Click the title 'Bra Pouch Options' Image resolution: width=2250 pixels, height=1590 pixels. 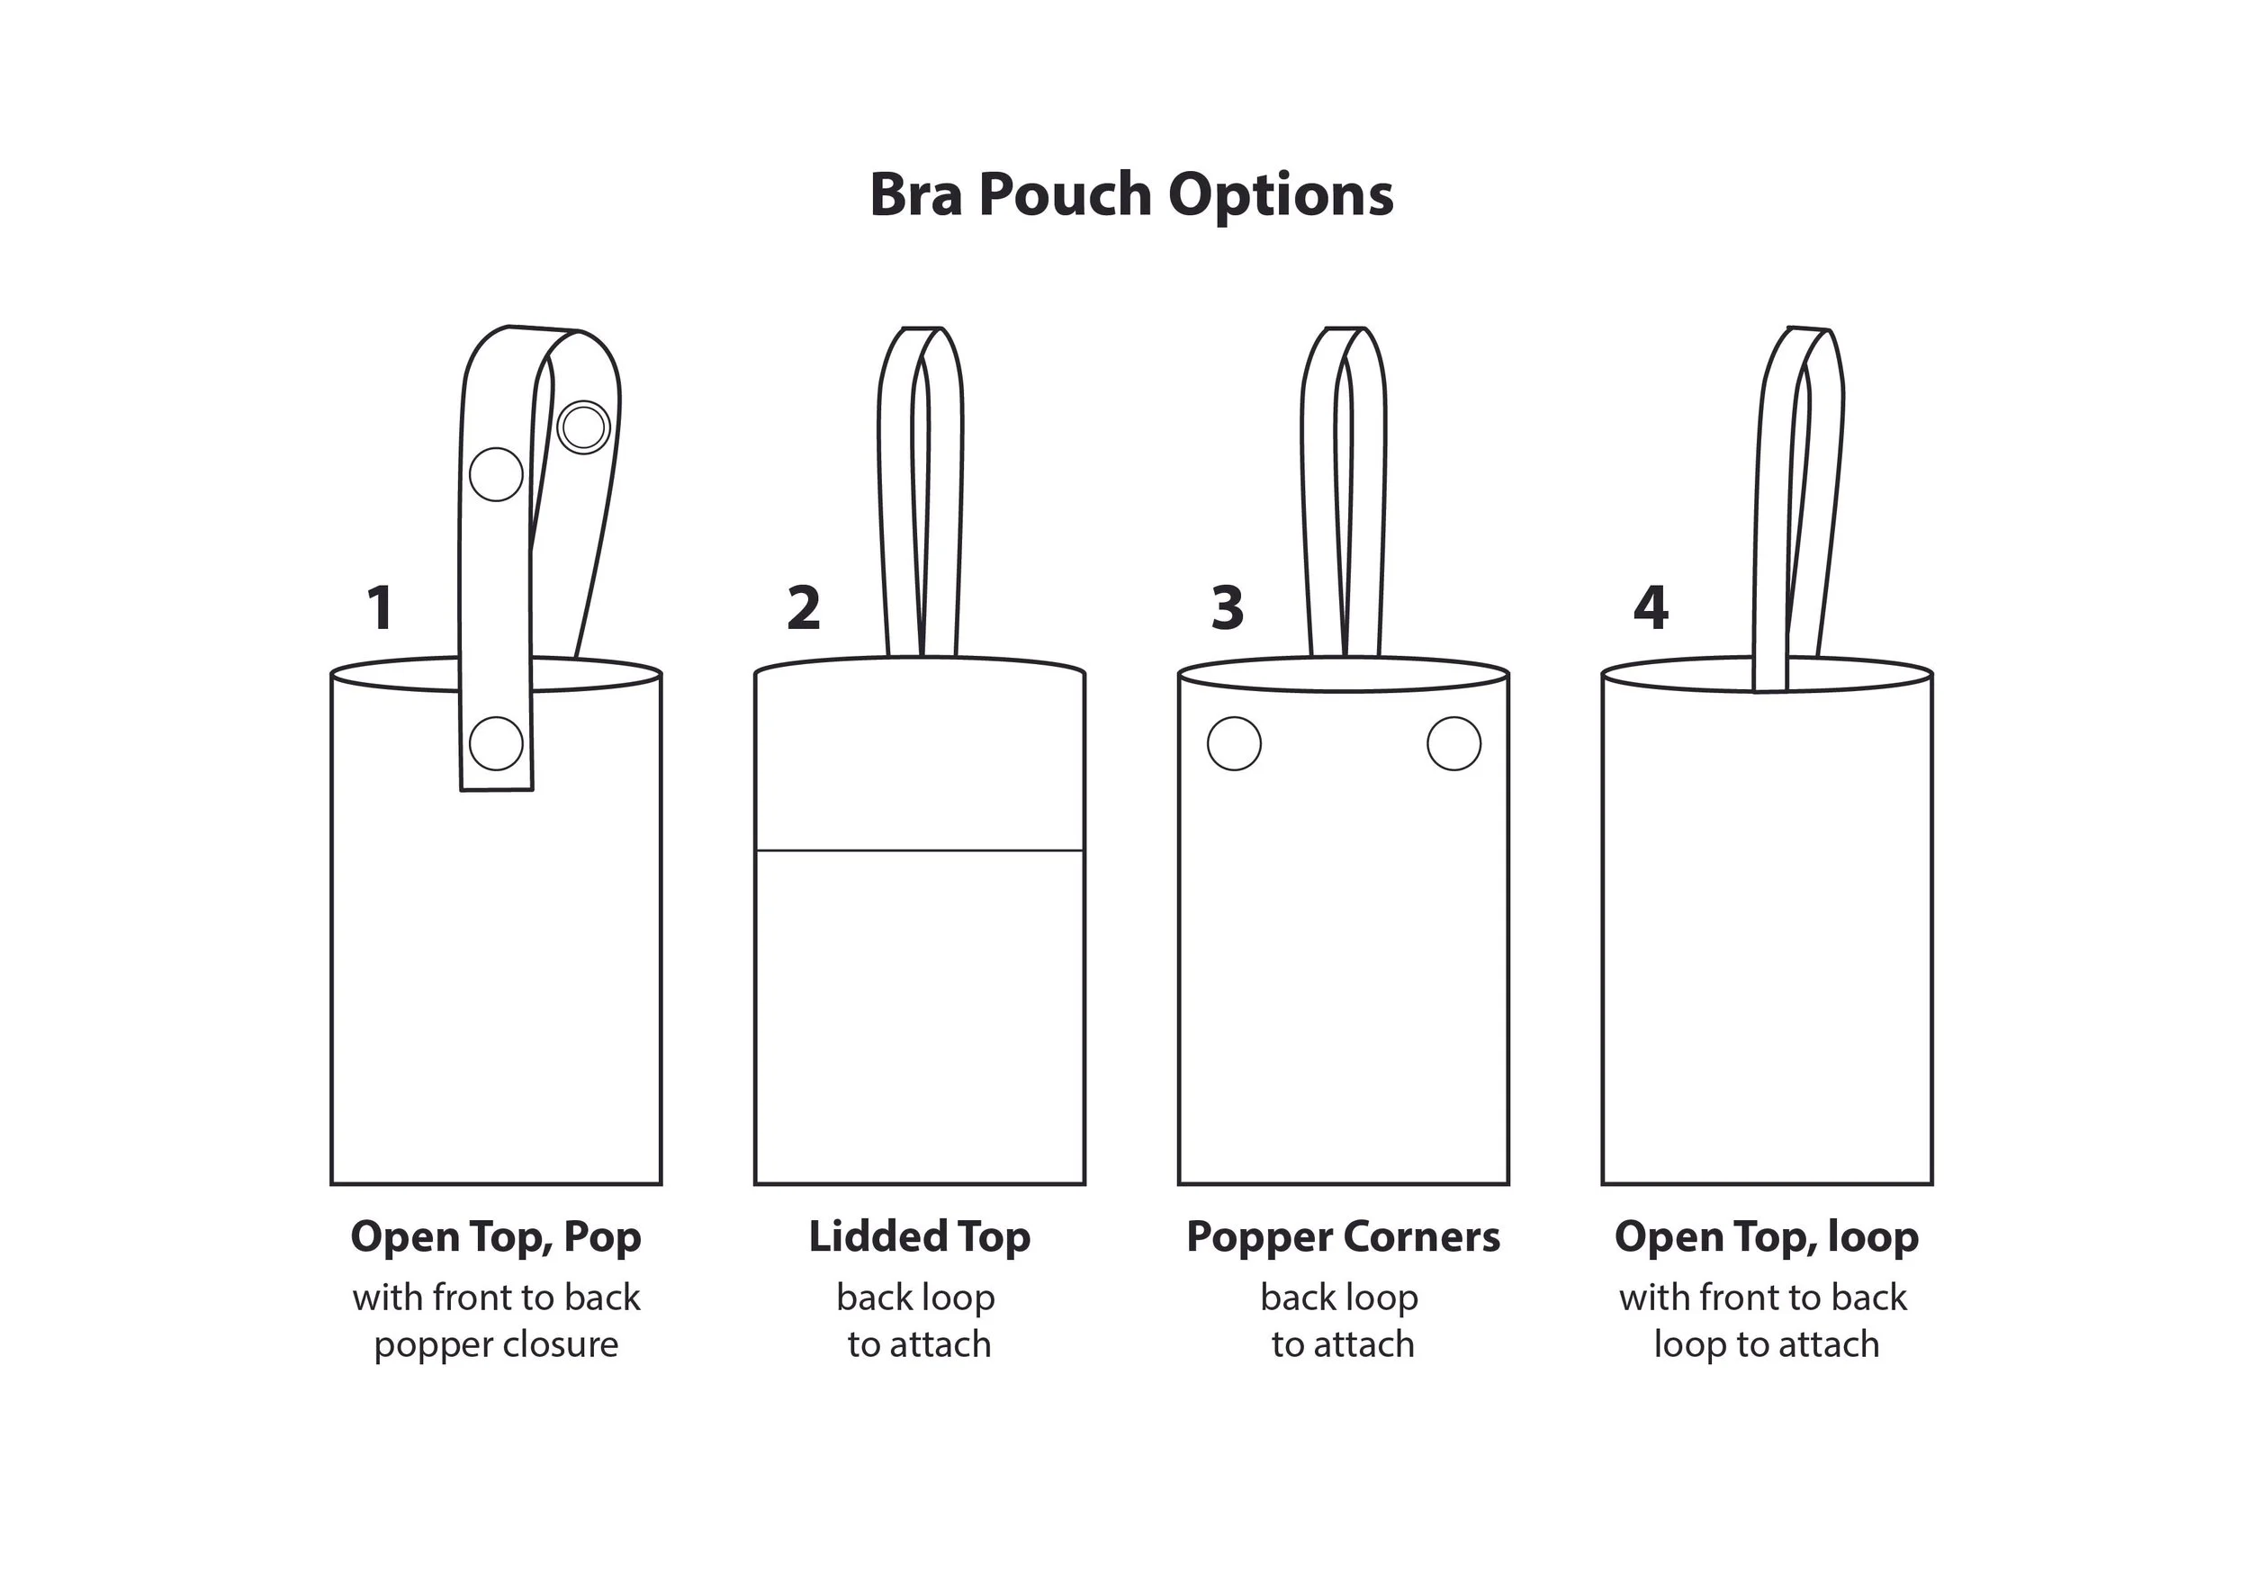[1131, 195]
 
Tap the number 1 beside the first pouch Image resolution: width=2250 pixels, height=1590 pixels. [380, 607]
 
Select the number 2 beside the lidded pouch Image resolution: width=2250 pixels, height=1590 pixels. [804, 607]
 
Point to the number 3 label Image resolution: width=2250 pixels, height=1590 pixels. [1228, 607]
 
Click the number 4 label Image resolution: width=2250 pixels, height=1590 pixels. [1651, 607]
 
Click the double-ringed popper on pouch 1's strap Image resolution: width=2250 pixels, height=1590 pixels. [584, 427]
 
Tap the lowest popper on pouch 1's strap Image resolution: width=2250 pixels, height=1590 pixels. [496, 743]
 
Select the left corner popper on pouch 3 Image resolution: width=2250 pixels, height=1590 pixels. [1234, 743]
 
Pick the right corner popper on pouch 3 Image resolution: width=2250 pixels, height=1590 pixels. [1453, 743]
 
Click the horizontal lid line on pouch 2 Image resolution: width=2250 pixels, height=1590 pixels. [919, 850]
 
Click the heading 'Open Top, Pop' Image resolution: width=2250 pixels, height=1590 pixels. [496, 1236]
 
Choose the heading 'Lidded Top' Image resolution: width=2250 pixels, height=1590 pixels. [919, 1236]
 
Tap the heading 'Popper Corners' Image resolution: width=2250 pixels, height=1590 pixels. [1343, 1236]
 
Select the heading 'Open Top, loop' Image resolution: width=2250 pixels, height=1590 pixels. [1766, 1236]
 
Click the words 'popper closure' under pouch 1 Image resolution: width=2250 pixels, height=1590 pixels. [496, 1345]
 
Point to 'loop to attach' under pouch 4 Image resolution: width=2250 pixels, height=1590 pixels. [1766, 1345]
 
